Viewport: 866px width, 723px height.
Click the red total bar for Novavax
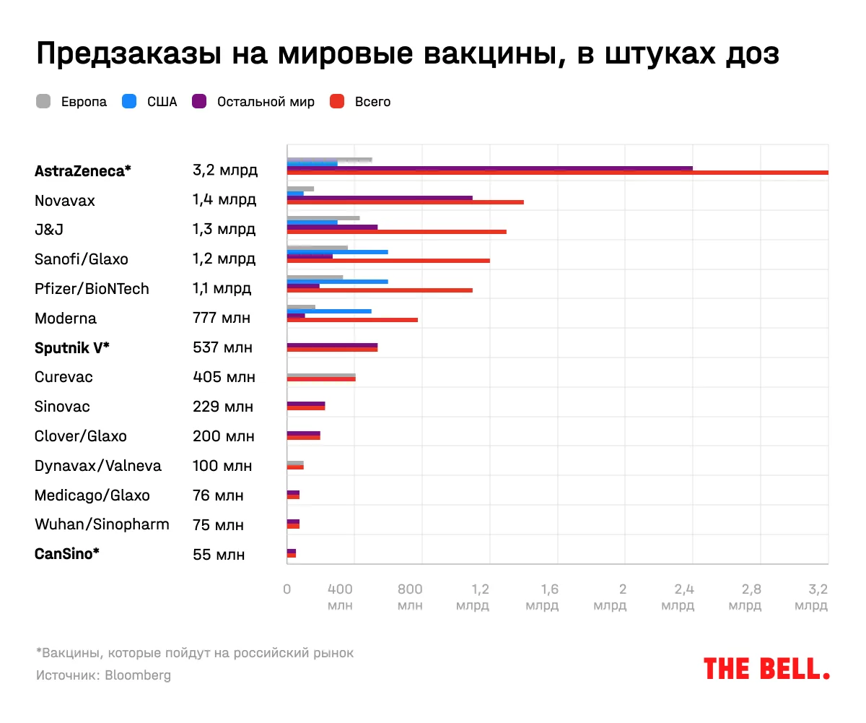[x=405, y=202]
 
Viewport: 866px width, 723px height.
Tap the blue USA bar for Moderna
[x=329, y=311]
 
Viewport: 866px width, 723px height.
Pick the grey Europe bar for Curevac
[x=321, y=376]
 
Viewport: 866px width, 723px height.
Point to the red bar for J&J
[x=396, y=232]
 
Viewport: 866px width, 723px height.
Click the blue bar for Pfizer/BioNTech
[x=337, y=282]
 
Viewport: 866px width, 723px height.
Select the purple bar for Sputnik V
[x=332, y=346]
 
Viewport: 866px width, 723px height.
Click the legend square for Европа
[x=43, y=102]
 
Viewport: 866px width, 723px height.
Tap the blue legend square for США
[x=130, y=102]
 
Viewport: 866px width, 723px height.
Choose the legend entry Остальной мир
[x=266, y=102]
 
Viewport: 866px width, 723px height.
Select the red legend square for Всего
[x=337, y=102]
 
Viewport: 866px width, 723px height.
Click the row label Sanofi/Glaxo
[x=82, y=259]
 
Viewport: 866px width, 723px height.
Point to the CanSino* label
[x=67, y=554]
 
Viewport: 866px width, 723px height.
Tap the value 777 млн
[x=222, y=319]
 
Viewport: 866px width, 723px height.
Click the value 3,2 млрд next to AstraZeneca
[x=224, y=171]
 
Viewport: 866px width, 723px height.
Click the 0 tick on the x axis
[x=287, y=589]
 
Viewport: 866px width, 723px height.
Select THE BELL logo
[x=766, y=669]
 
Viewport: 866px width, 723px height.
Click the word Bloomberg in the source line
[x=138, y=676]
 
